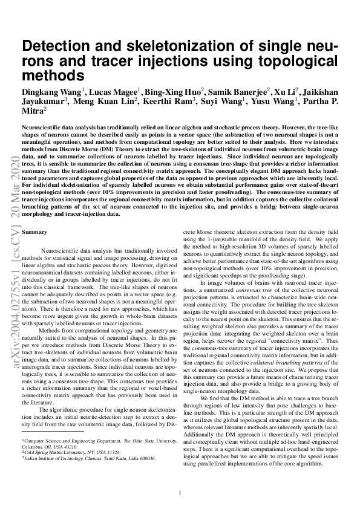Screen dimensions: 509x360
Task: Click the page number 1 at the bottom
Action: tap(180, 493)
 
